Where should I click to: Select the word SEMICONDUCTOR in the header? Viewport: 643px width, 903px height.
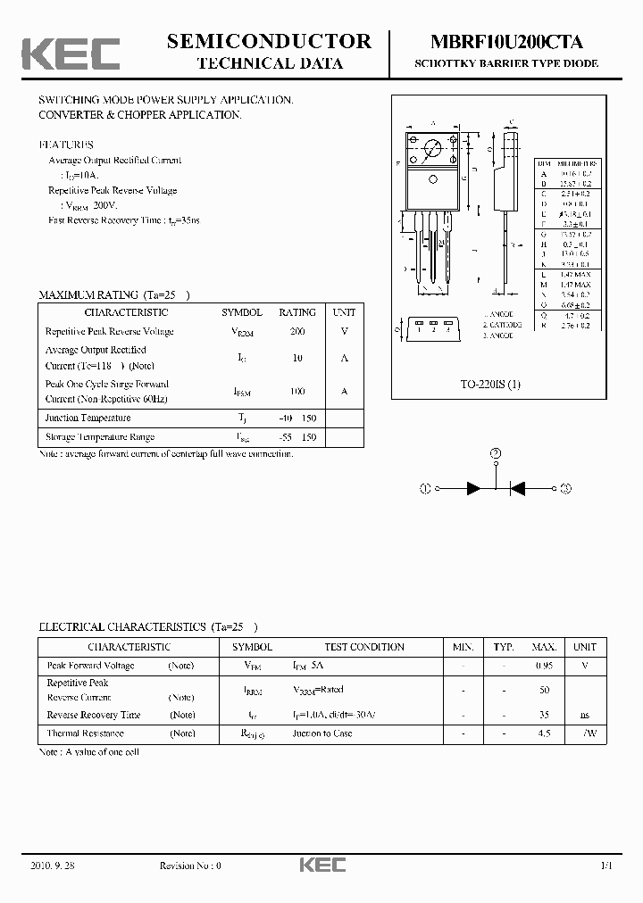click(269, 41)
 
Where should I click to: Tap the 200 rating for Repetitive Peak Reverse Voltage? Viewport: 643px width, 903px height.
click(297, 332)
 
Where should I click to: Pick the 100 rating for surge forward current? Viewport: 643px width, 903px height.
click(297, 392)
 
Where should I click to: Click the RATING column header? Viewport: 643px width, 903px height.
click(297, 312)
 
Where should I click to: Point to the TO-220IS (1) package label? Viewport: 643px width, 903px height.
click(489, 384)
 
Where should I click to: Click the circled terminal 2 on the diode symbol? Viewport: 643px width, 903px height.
click(497, 454)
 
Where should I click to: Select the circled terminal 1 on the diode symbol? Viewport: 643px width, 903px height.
click(426, 488)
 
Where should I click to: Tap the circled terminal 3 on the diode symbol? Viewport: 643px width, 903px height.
click(566, 488)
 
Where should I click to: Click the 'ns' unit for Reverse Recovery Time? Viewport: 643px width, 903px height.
click(585, 716)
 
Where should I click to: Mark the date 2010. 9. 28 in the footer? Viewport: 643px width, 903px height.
click(53, 866)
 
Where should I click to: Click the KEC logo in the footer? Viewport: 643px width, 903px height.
click(321, 866)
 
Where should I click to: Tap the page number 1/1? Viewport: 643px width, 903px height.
click(606, 866)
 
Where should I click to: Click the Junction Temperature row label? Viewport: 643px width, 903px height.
click(88, 418)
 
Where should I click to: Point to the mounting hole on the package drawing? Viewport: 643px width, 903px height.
click(432, 149)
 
